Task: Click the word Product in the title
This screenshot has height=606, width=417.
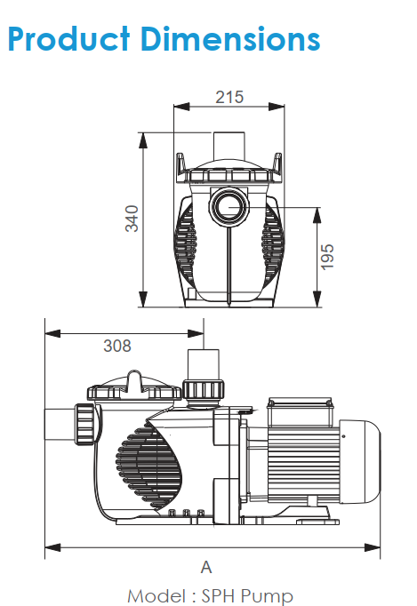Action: (x=68, y=38)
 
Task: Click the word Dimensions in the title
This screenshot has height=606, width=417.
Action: (x=230, y=38)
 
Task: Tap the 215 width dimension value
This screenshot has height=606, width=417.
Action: (x=229, y=97)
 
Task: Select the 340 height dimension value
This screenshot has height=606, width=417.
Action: (x=132, y=219)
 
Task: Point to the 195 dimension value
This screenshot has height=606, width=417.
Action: (x=327, y=257)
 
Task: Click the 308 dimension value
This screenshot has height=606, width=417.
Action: (x=117, y=346)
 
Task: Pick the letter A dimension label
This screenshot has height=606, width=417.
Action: (x=206, y=568)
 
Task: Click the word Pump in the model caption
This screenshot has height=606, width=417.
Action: (x=267, y=596)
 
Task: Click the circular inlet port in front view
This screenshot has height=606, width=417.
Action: (x=229, y=206)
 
